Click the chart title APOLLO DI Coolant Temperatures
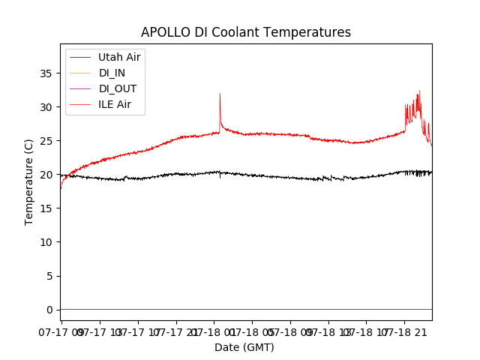click(246, 32)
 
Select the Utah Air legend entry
click(119, 57)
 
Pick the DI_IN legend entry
click(113, 73)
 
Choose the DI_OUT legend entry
click(118, 88)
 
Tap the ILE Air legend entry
click(115, 104)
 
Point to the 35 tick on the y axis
click(47, 73)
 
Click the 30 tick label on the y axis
click(47, 107)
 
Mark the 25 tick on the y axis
click(47, 141)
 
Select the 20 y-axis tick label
click(47, 175)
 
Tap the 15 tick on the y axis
click(47, 208)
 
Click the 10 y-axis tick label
click(47, 242)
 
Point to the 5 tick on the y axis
click(50, 276)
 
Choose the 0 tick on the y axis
click(50, 310)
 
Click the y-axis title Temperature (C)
click(29, 182)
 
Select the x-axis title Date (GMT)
click(244, 347)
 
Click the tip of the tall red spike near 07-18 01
click(220, 94)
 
